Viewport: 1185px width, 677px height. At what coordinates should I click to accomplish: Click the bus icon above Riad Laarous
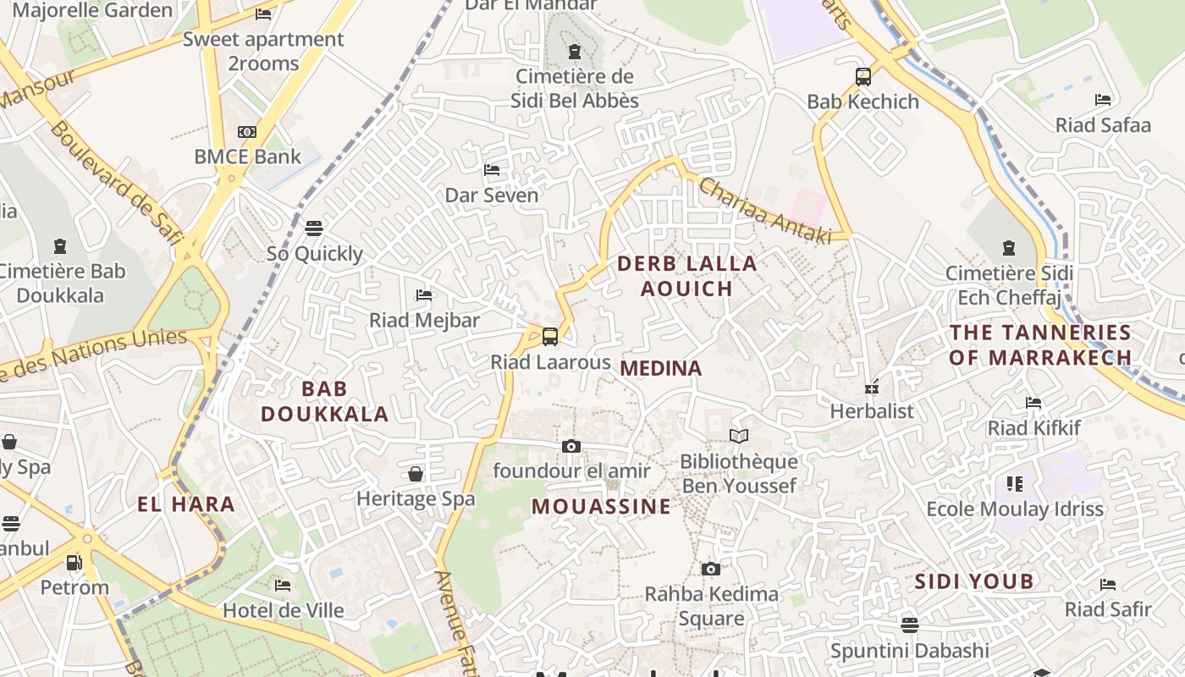point(550,337)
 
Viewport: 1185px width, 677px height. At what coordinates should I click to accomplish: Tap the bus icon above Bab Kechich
point(863,77)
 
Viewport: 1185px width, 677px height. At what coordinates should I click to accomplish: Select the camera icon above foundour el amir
point(571,446)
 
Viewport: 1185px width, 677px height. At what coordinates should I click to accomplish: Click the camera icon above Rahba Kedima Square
point(711,569)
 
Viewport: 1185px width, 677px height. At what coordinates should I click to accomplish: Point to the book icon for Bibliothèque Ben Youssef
point(739,436)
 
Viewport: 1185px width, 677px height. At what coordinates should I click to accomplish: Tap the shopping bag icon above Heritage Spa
point(416,474)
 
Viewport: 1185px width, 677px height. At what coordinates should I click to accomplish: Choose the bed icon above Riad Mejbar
point(424,295)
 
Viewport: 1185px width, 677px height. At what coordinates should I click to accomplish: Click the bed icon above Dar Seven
point(492,170)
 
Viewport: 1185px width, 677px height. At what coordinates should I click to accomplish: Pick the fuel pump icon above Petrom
point(74,562)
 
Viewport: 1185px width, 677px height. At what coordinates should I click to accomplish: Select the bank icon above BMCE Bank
point(247,132)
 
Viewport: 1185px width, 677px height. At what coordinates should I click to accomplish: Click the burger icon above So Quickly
point(314,228)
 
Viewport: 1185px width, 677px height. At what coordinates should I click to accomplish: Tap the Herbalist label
point(872,411)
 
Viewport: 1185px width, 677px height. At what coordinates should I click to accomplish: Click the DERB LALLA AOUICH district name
point(686,276)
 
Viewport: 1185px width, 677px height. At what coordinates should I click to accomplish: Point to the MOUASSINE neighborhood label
point(601,507)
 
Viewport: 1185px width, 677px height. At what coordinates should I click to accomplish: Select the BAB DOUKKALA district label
point(324,401)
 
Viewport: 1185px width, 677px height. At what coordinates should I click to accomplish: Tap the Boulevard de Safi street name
point(116,183)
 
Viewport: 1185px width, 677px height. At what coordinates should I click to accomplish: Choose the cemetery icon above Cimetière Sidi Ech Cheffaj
point(1008,248)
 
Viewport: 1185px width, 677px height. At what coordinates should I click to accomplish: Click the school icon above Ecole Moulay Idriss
point(1015,484)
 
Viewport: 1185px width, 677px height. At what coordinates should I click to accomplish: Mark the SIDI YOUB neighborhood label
point(973,581)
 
